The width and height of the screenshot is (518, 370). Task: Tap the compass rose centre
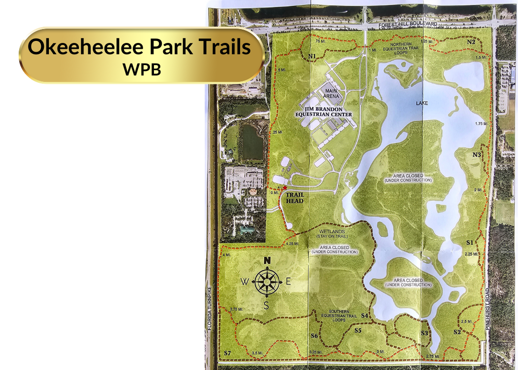point(266,282)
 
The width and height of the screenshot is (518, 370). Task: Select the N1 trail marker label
point(311,57)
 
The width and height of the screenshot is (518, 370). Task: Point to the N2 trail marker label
point(471,42)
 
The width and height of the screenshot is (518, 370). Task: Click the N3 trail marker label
point(476,155)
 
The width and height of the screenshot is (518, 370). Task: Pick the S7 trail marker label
point(227,353)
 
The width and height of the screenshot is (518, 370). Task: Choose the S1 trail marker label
point(470,242)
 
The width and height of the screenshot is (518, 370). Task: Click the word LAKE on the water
point(422,103)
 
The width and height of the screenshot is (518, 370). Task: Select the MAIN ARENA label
point(331,94)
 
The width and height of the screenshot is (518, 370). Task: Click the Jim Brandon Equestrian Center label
point(323,111)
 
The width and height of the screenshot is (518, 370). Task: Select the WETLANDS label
point(331,231)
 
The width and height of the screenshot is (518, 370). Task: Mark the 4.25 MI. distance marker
point(293,244)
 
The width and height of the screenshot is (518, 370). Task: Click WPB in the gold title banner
point(142,69)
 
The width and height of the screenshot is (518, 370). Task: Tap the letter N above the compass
point(267,261)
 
